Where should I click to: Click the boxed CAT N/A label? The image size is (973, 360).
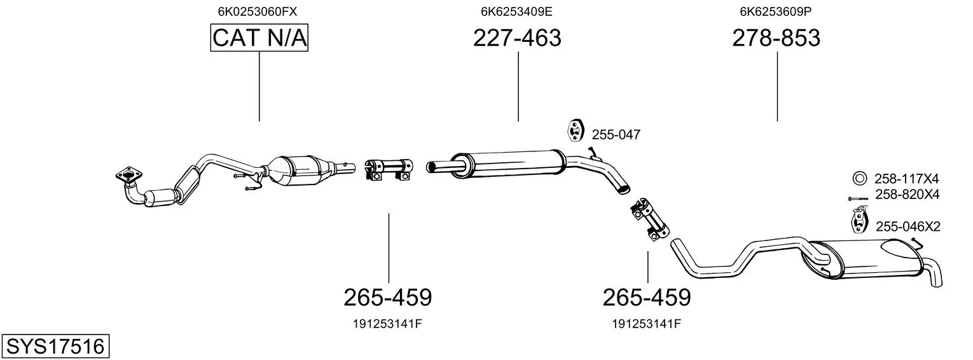point(259,38)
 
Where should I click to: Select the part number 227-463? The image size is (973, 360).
point(517,38)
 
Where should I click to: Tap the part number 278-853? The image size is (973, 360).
point(776,38)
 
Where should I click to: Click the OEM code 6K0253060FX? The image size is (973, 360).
point(257,11)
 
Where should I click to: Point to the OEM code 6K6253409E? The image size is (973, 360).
point(516,11)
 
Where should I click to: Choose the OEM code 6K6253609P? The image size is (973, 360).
point(776,11)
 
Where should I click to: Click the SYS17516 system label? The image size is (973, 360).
point(55,347)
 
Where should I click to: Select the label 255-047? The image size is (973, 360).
point(616,135)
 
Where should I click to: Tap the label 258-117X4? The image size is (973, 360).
point(906,179)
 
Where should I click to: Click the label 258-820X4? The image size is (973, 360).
point(907,194)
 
